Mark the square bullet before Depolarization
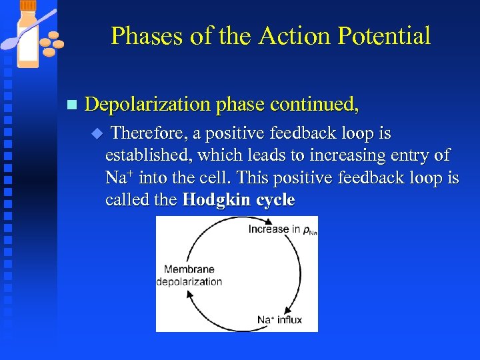(x=72, y=105)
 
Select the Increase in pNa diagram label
(x=279, y=229)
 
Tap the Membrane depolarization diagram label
(x=189, y=275)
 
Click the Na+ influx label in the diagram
(x=279, y=320)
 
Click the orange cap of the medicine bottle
(x=27, y=5)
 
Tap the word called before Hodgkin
(x=129, y=200)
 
